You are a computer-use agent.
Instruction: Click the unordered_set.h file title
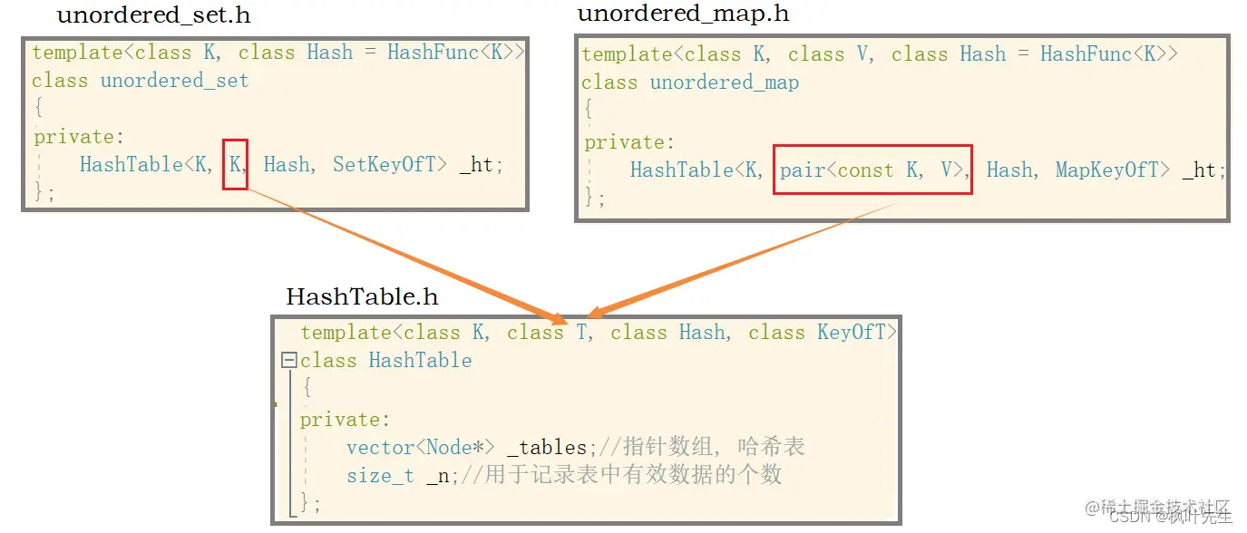153,15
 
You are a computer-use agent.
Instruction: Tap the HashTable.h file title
362,296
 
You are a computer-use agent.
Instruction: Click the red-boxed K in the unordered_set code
235,164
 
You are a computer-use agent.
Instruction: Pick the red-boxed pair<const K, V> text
872,170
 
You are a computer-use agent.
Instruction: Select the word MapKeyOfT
1113,170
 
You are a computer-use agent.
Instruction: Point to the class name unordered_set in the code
174,81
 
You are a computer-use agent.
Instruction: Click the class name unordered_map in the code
724,82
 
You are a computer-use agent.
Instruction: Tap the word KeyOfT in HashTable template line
852,333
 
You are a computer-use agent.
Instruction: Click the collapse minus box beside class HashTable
289,361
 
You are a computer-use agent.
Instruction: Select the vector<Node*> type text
420,447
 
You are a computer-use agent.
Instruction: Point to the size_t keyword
380,475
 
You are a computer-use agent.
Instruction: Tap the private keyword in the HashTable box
340,420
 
